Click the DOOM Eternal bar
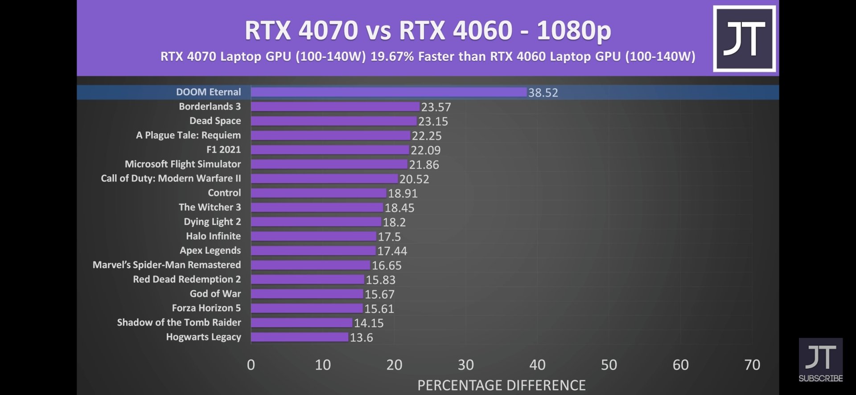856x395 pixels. (388, 92)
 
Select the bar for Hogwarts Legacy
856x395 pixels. (300, 337)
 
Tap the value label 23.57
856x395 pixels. (436, 107)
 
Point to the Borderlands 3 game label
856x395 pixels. (210, 106)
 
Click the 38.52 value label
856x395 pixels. (543, 93)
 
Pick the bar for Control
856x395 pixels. (318, 193)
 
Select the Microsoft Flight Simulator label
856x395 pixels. (183, 164)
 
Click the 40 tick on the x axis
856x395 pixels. (537, 365)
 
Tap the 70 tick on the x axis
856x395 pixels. (752, 365)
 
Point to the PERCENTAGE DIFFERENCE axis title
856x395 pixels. (501, 385)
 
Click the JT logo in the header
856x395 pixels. (744, 39)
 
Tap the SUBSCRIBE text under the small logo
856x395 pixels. (820, 379)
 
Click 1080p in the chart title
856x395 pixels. (574, 30)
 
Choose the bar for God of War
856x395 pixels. (307, 294)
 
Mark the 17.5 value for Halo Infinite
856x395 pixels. (389, 237)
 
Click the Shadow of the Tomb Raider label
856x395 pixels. (179, 322)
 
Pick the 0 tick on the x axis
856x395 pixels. (251, 365)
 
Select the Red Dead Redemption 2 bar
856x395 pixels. (308, 279)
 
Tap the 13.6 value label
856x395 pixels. (361, 338)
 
